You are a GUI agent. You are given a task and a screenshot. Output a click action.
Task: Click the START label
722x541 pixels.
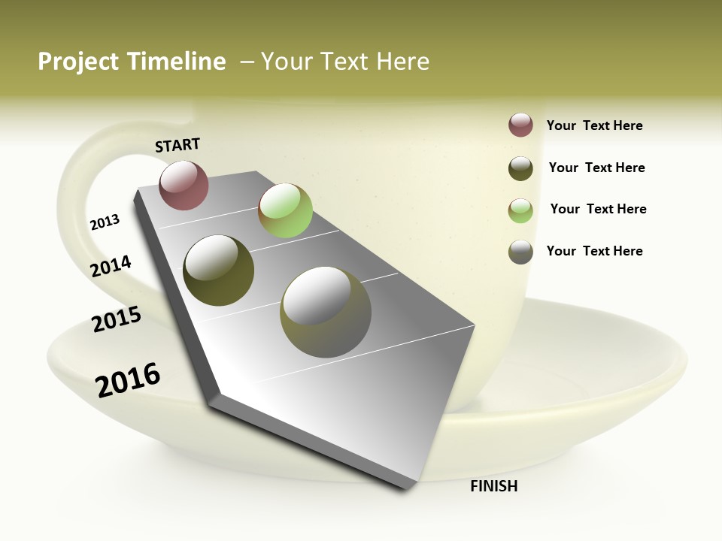[177, 144]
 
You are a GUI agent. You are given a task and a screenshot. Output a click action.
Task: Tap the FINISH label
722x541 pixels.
[493, 486]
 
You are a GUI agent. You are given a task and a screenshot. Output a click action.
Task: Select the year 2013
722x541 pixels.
[105, 222]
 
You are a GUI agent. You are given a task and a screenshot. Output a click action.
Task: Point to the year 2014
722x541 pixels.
[111, 266]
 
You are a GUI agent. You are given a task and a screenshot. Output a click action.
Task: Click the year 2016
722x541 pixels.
[128, 379]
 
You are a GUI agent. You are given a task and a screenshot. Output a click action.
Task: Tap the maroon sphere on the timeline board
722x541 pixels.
[184, 185]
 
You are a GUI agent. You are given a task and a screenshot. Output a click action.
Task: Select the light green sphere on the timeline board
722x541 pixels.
[285, 210]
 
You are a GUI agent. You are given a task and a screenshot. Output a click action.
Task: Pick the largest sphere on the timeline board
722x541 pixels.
[325, 312]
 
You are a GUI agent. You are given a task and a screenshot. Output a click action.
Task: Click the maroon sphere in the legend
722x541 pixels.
[520, 125]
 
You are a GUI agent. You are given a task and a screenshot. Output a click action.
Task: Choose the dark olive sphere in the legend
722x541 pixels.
[520, 168]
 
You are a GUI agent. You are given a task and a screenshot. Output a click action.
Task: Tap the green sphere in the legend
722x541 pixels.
[520, 210]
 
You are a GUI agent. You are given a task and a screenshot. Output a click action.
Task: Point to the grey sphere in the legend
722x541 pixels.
[520, 252]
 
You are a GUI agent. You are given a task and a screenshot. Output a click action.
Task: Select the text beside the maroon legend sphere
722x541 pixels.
[594, 125]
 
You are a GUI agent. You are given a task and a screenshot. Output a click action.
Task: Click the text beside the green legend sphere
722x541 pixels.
[598, 209]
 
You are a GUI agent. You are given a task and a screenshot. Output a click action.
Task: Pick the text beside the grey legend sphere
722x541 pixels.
[594, 251]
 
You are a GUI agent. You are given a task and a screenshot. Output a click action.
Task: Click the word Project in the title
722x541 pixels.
[79, 62]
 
